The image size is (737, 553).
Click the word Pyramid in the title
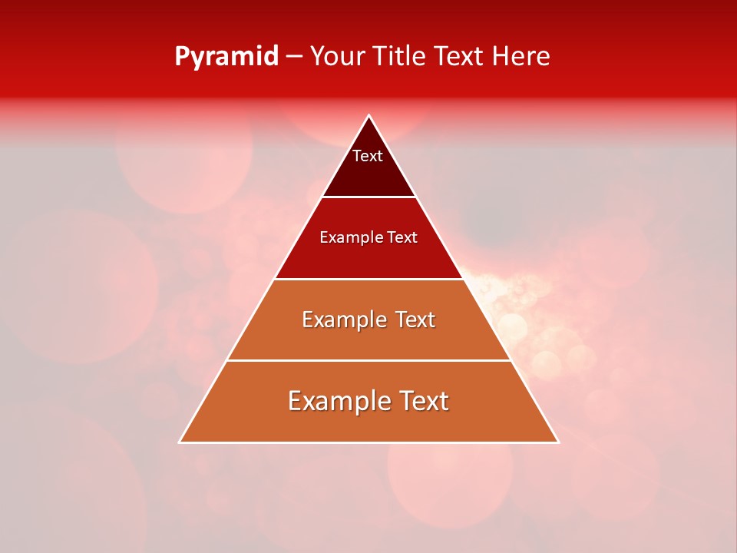(x=226, y=57)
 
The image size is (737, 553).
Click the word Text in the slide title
(x=459, y=56)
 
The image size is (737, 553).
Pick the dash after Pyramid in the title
(x=294, y=57)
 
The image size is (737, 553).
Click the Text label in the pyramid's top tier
(x=368, y=156)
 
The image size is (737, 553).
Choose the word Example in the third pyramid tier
(x=341, y=320)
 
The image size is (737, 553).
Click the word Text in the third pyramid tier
(x=415, y=320)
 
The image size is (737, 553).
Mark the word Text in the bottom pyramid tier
(x=422, y=401)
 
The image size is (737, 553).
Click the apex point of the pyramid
(x=368, y=116)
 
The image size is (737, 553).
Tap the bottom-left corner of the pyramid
(x=180, y=442)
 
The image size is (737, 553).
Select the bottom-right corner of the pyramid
(x=557, y=442)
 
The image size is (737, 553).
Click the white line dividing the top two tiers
(x=368, y=197)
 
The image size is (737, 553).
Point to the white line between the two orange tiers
(x=368, y=360)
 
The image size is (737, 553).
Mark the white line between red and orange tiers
(x=368, y=279)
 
